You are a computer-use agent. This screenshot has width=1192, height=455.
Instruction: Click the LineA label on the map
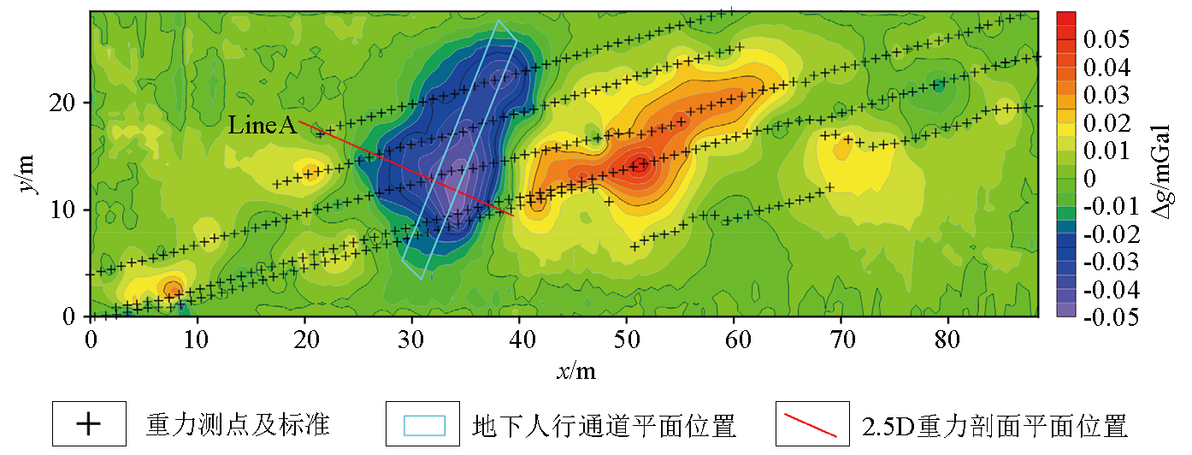pos(262,127)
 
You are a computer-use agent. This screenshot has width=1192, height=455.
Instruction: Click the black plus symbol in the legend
pos(90,424)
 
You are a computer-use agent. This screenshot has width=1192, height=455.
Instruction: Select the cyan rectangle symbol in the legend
pos(423,424)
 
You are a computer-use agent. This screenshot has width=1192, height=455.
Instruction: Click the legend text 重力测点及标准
pos(239,424)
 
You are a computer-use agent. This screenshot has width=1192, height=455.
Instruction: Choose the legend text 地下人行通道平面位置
pos(605,424)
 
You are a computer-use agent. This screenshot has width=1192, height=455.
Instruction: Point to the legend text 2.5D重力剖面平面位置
pos(994,424)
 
